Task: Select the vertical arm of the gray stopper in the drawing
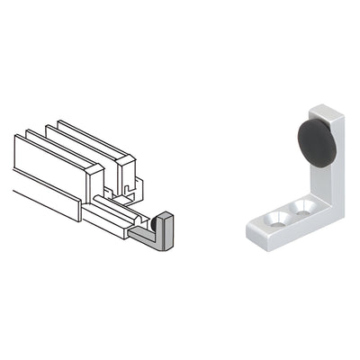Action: click(x=167, y=229)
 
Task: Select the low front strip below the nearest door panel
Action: click(x=45, y=202)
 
